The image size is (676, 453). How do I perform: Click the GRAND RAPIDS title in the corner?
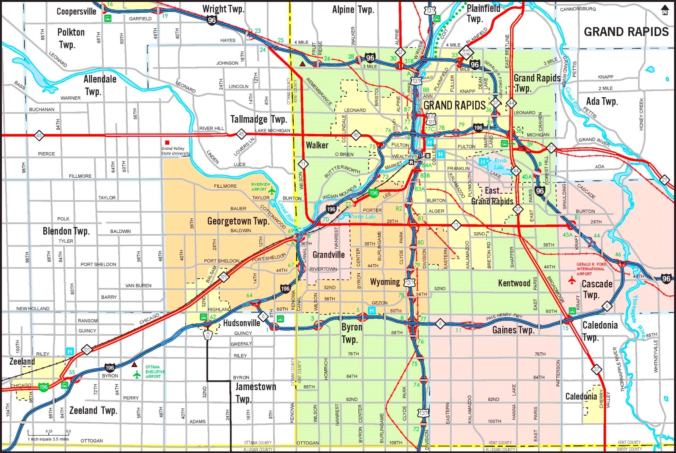626,32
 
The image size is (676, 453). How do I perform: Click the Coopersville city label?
76,11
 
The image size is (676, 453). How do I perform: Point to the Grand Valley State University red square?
167,142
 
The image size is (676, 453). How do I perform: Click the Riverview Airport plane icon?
272,190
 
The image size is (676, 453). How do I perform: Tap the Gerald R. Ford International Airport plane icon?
572,280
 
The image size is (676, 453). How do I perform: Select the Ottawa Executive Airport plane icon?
137,374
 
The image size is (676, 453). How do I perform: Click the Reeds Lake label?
500,164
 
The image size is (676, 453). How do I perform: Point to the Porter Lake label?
363,216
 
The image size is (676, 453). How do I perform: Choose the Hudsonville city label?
241,323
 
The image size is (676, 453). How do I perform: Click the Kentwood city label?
514,283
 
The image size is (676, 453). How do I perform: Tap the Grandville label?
329,254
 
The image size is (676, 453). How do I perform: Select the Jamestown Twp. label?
255,392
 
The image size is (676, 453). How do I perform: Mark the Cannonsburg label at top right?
578,9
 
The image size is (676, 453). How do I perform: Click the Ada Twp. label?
602,101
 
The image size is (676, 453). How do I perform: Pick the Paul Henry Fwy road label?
504,317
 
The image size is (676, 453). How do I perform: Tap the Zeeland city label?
22,362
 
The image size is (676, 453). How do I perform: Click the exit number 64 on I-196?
250,295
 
